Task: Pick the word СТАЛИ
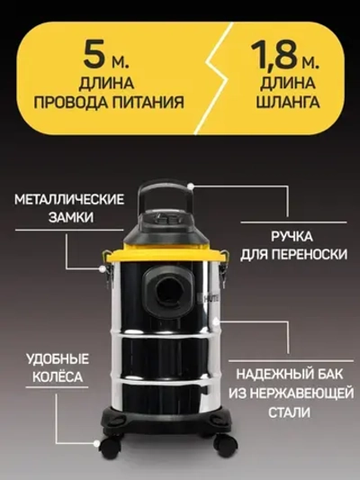tap(289, 412)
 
